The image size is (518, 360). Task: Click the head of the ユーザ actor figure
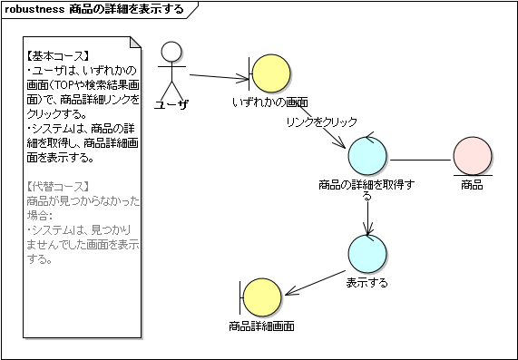tap(171, 52)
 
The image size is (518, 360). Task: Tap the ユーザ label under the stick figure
tap(171, 104)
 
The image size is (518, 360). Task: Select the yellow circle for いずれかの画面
tap(271, 73)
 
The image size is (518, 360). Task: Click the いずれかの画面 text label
tap(270, 102)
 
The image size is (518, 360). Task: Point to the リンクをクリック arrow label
tap(321, 122)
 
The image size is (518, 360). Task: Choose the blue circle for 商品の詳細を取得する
tap(367, 156)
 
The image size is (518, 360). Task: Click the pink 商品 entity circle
tap(473, 156)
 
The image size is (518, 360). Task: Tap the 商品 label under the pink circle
tap(472, 185)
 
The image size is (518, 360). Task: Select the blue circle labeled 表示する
tap(367, 254)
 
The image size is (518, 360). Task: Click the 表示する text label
tap(367, 283)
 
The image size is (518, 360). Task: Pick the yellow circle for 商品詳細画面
tap(262, 297)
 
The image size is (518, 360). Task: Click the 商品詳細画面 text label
tap(261, 326)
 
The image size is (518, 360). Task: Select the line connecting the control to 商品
tap(420, 161)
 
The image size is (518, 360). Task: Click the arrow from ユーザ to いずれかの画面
tap(219, 77)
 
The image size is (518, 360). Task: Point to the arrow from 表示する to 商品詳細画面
tap(315, 283)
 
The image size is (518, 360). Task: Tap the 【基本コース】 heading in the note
tap(58, 56)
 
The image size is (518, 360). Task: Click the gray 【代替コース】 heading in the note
tap(58, 187)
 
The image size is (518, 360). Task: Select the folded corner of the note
tap(135, 43)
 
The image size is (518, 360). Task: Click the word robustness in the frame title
tap(34, 9)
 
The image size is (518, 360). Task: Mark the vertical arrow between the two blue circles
tap(367, 218)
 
